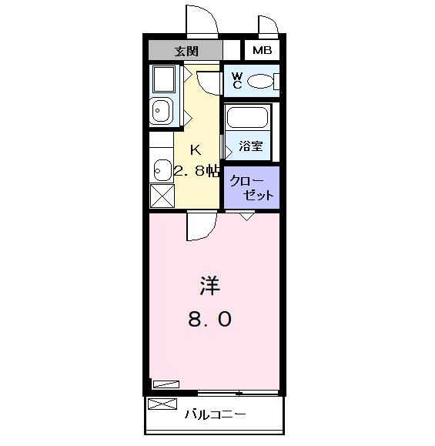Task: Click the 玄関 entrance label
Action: click(x=186, y=52)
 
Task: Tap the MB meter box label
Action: click(x=262, y=52)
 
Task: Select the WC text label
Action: click(x=237, y=80)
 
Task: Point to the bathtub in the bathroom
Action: click(x=246, y=119)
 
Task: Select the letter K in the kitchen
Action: click(x=195, y=149)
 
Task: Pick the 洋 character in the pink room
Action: click(x=209, y=287)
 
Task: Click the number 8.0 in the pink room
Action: click(x=209, y=318)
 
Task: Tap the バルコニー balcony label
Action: click(x=215, y=414)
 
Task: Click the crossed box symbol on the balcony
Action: click(x=162, y=404)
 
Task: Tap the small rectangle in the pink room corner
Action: click(x=165, y=383)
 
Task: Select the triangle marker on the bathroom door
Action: click(x=228, y=146)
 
